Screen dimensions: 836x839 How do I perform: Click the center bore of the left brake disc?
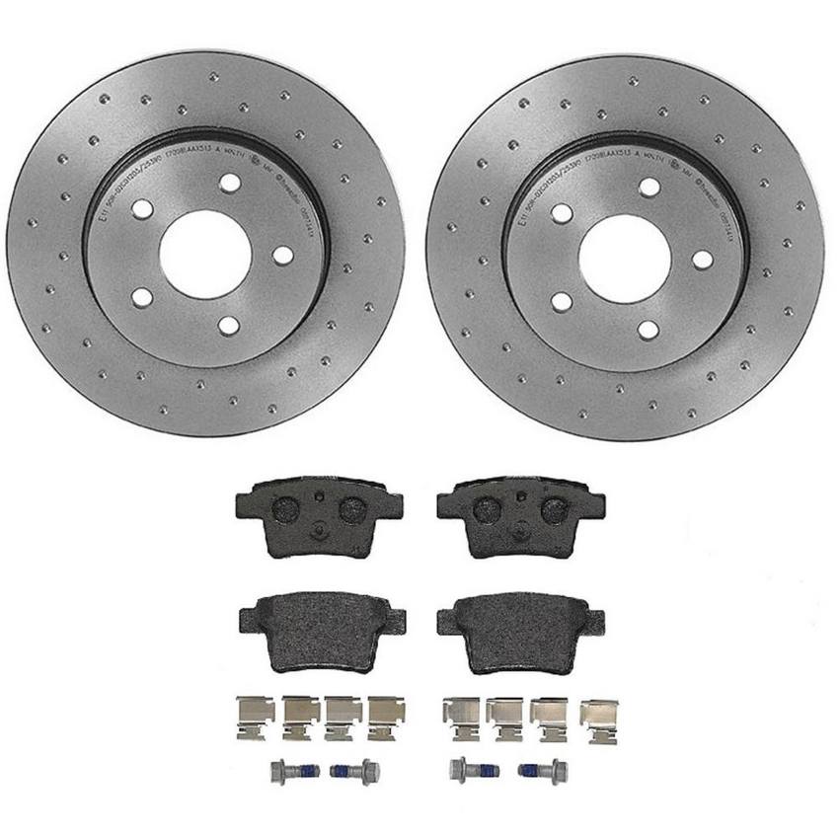tap(204, 254)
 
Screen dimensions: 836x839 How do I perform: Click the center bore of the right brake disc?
tap(624, 259)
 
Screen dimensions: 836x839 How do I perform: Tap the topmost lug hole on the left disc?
tap(230, 184)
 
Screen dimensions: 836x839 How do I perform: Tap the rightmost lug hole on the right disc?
tap(703, 260)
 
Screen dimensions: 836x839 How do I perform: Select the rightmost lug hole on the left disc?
tap(283, 255)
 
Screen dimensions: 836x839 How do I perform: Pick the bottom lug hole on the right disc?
tap(648, 330)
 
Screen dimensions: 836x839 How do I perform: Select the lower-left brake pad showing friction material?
tap(322, 630)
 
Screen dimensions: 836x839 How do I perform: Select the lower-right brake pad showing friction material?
tap(519, 632)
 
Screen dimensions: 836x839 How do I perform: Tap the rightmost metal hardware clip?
tap(598, 721)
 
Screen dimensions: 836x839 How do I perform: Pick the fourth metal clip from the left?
tap(386, 718)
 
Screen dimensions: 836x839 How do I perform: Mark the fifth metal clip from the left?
tap(461, 718)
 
